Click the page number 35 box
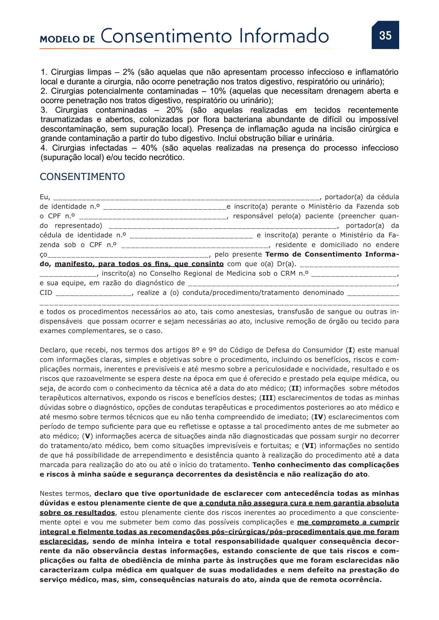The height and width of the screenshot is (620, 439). (x=385, y=35)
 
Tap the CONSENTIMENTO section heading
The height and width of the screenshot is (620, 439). (x=82, y=177)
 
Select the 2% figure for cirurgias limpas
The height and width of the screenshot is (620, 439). (x=128, y=72)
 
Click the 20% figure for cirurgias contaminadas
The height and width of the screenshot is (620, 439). (x=174, y=110)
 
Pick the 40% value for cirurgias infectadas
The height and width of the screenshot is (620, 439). (x=149, y=148)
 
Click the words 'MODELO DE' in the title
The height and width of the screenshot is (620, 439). (x=67, y=39)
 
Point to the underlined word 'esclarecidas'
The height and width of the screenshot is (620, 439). (x=63, y=541)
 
